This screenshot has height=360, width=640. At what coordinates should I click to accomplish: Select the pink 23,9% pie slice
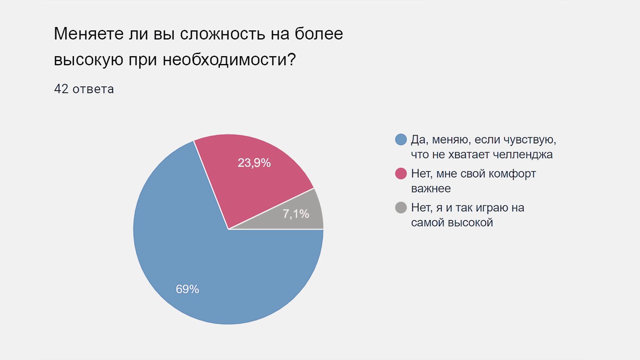251,177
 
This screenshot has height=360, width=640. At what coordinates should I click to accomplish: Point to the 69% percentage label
187,289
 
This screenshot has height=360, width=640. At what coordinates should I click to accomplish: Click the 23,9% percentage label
254,163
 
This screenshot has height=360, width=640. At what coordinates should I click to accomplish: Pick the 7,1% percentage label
296,214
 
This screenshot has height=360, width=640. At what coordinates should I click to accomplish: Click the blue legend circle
401,140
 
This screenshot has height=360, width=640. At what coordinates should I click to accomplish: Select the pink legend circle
401,174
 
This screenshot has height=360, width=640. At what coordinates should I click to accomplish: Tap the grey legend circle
401,208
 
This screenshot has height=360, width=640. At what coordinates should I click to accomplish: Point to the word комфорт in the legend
512,174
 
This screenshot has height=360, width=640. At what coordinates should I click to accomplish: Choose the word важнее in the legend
431,189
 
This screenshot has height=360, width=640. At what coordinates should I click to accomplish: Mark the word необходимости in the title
229,60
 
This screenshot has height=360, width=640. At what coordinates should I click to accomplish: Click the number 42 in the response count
61,89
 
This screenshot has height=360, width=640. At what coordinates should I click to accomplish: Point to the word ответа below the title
93,89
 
